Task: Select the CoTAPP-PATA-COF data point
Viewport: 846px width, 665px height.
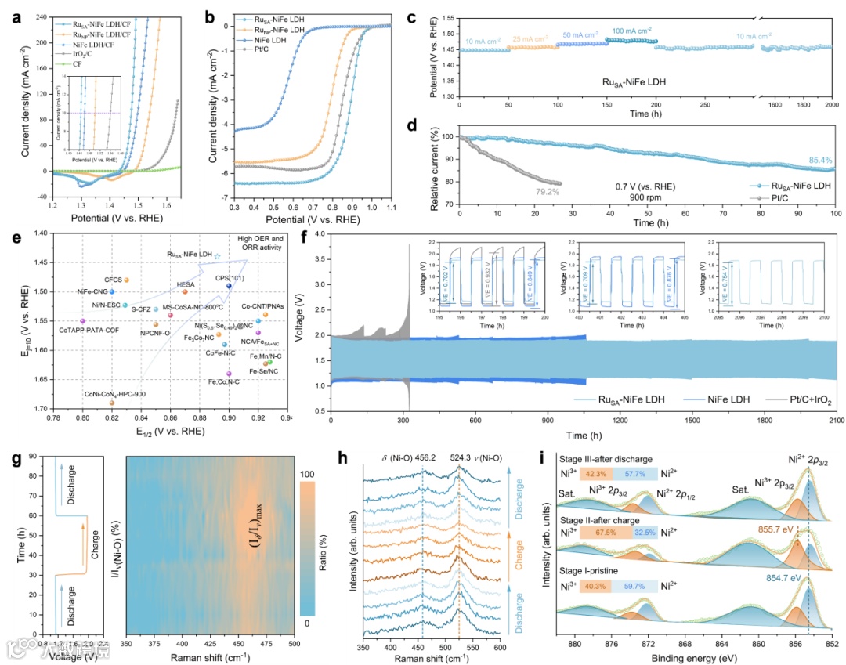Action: point(83,320)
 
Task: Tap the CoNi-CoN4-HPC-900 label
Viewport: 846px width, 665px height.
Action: point(114,393)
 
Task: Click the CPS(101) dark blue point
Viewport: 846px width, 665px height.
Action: point(229,286)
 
